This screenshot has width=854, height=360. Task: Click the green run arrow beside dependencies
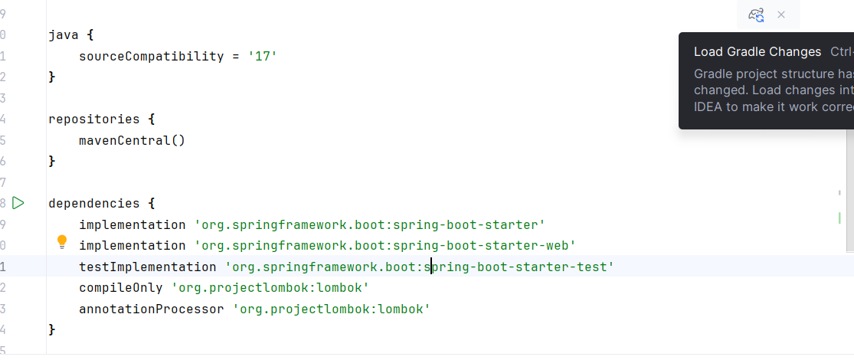tap(18, 203)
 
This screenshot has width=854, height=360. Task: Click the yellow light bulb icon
tap(62, 243)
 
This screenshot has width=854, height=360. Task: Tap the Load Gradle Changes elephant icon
tap(756, 15)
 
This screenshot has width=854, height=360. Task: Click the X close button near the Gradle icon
tap(781, 15)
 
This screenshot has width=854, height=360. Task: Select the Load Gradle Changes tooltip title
tap(757, 52)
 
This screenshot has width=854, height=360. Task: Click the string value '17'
tap(262, 57)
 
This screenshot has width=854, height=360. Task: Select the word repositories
tap(93, 119)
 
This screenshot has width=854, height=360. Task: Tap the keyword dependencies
tap(93, 204)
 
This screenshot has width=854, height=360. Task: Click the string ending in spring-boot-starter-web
tap(384, 246)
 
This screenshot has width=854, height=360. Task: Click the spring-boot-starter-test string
tap(419, 267)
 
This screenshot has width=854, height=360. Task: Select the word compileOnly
tap(120, 288)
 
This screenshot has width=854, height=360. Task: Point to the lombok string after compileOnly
tap(270, 288)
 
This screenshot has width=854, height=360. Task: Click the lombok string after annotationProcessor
tap(331, 309)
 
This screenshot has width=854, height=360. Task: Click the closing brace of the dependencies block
tap(52, 329)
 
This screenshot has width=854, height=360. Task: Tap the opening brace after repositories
tap(152, 119)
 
